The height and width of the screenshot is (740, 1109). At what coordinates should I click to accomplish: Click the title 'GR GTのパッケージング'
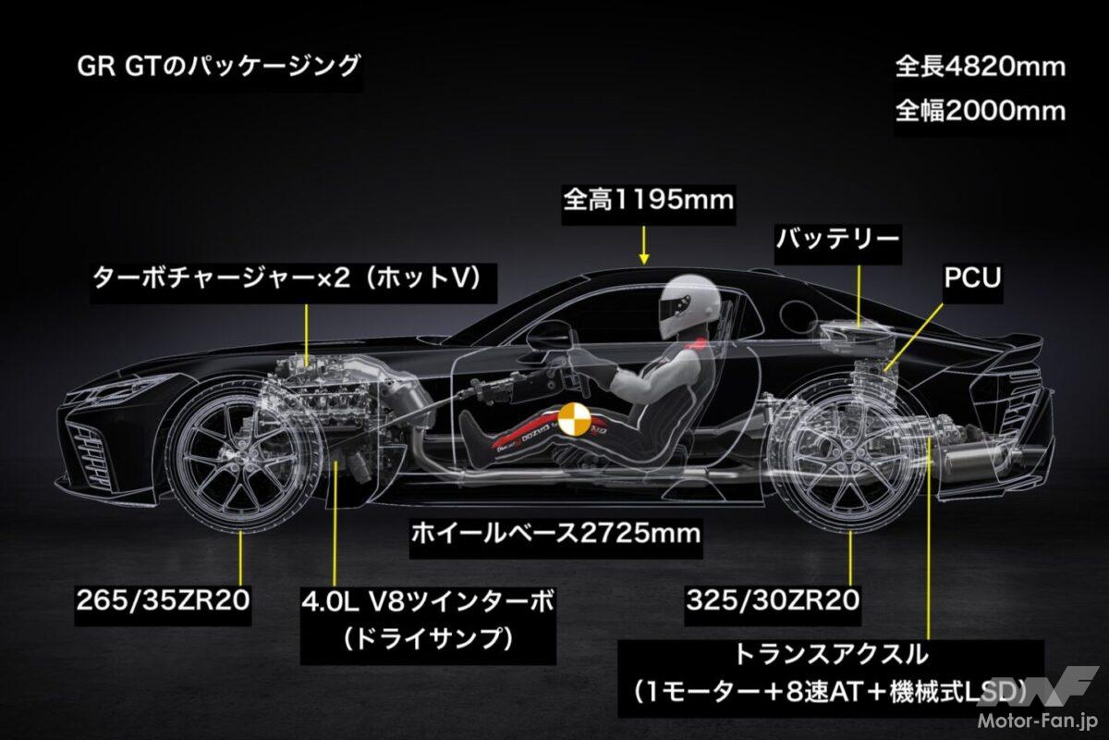[218, 67]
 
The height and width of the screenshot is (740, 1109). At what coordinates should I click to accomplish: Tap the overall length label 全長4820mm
[981, 67]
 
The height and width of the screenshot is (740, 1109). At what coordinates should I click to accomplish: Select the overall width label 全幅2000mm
[981, 111]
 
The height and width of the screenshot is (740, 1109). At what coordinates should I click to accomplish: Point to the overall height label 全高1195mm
[649, 200]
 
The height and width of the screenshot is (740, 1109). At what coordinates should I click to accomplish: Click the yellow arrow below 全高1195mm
[643, 245]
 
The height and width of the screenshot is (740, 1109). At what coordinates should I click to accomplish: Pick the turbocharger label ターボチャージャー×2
[221, 278]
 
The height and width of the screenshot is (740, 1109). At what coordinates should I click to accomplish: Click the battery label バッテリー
[837, 240]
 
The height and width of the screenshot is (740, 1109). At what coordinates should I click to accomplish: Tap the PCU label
[972, 277]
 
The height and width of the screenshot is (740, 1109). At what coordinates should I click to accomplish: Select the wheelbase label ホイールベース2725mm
[556, 534]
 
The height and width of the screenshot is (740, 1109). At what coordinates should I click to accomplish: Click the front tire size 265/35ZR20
[163, 600]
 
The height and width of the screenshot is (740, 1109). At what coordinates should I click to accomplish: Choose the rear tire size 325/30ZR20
[773, 600]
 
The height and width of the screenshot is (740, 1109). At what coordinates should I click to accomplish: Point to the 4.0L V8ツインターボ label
[428, 602]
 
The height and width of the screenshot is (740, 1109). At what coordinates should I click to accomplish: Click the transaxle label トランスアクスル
[830, 654]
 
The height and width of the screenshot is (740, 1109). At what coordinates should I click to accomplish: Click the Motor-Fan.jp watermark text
[1036, 721]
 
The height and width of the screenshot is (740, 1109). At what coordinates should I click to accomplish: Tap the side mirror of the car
[550, 336]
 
